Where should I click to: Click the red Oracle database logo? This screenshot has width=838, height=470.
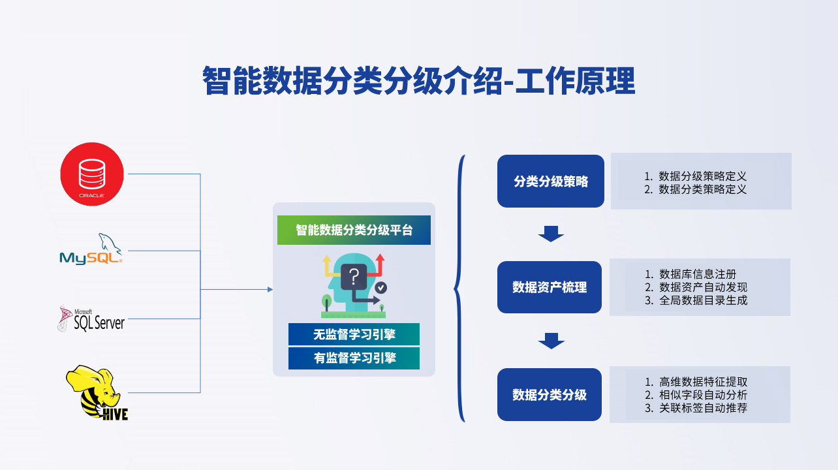point(92,174)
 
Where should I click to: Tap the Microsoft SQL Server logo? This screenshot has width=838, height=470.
point(91,319)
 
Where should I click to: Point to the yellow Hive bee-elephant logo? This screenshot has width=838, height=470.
point(97,393)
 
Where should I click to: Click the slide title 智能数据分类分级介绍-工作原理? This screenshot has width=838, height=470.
point(419,81)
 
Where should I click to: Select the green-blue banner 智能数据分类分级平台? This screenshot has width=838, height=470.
point(354,230)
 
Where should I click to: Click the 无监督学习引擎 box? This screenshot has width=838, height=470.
point(354,334)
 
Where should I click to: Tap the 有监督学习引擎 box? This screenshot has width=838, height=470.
point(354,358)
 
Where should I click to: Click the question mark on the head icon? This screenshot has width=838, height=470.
point(354,276)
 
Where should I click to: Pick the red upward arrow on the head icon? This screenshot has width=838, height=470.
point(380,266)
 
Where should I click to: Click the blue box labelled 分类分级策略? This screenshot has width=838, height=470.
point(551,181)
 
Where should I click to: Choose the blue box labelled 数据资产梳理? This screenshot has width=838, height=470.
point(550,287)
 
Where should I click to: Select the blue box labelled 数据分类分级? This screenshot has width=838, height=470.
point(550,395)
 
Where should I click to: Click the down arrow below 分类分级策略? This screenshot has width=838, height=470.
point(551,234)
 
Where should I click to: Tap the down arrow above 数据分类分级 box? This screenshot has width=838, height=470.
point(551,341)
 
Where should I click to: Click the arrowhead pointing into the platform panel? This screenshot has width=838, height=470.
point(270,289)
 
